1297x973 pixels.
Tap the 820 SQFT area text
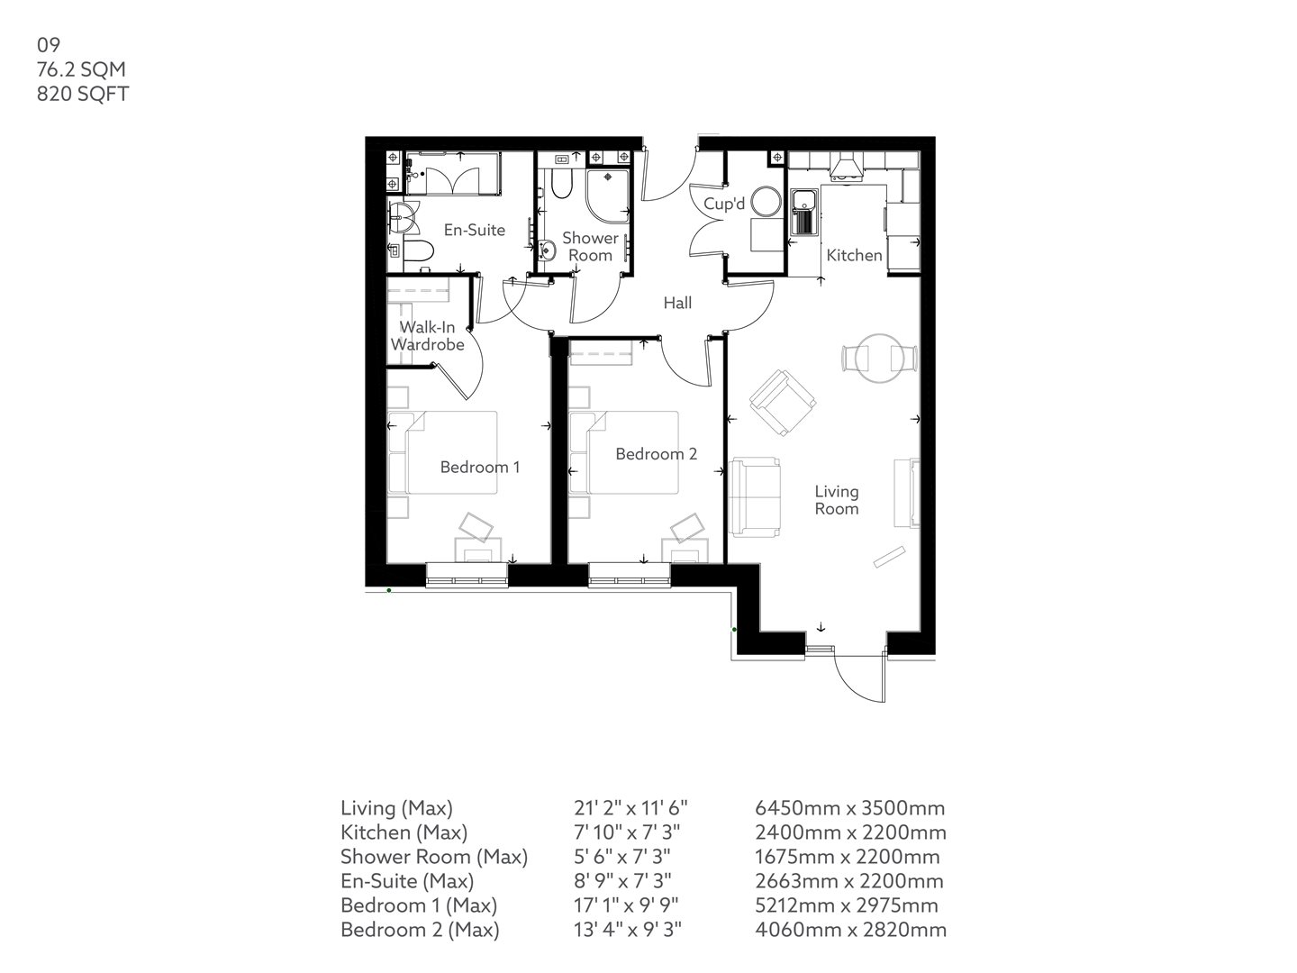point(83,94)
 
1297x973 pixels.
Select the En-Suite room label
point(474,230)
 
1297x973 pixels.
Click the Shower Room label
point(590,246)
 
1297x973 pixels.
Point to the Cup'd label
point(724,205)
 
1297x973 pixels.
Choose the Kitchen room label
point(854,255)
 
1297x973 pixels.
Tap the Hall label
point(677,303)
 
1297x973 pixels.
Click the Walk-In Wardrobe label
point(428,335)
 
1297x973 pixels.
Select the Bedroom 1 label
point(479,467)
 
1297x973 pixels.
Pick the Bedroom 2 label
point(656,454)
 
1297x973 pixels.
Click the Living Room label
point(836,500)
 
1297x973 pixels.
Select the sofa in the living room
point(755,497)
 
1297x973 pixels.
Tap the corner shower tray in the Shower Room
point(609,195)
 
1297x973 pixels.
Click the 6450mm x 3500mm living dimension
point(850,808)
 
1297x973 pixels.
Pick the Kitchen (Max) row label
point(404,832)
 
